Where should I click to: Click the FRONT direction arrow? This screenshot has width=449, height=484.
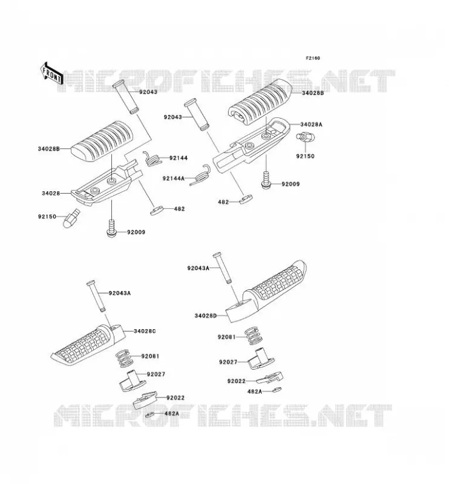click(51, 73)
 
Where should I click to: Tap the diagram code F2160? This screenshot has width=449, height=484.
click(313, 58)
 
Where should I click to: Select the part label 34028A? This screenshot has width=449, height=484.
click(311, 125)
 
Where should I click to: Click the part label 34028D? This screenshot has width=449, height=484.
click(206, 316)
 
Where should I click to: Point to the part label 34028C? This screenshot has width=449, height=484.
click(145, 331)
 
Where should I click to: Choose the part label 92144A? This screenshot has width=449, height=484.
click(174, 178)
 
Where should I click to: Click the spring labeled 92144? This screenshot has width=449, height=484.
click(152, 159)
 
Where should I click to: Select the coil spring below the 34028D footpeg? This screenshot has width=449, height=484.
click(254, 336)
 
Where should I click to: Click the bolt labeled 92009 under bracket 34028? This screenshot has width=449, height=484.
click(112, 229)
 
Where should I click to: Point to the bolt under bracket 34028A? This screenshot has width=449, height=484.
click(266, 180)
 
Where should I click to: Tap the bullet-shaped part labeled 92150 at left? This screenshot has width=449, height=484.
click(71, 218)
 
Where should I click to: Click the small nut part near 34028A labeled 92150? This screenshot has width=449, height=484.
click(305, 136)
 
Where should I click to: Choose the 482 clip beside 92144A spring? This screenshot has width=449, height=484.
click(246, 199)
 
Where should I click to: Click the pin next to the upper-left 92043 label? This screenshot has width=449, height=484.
click(126, 97)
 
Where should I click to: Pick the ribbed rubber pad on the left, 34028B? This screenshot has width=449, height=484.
click(102, 141)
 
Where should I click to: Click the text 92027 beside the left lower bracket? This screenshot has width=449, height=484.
click(156, 374)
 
